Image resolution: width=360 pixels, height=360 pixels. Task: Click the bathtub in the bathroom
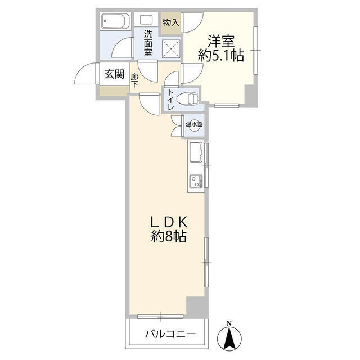pos(116,21)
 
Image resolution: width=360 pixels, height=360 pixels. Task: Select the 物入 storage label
pos(171,22)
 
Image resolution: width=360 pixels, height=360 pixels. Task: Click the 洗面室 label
pos(148,44)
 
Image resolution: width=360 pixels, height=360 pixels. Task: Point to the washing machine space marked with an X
pos(172,49)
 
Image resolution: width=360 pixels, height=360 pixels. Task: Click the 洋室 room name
pos(221,41)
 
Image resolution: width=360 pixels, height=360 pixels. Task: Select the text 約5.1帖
pos(221,56)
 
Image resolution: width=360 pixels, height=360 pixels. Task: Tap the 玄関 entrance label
pos(114,74)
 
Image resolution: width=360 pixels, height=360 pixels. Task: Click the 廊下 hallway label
pos(134,80)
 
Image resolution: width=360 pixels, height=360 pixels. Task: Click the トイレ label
pos(171,99)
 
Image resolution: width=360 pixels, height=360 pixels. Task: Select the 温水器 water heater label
pos(194,124)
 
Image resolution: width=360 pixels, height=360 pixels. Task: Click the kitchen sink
pos(196,152)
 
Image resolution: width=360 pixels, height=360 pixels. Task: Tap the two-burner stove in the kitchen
pos(196,181)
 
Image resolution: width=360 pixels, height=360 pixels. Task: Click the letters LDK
pos(169,222)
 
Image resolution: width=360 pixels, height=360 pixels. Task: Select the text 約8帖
pos(169,236)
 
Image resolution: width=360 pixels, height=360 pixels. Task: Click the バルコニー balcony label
pos(170,334)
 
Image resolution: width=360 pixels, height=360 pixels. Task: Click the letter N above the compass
pos(229,324)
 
